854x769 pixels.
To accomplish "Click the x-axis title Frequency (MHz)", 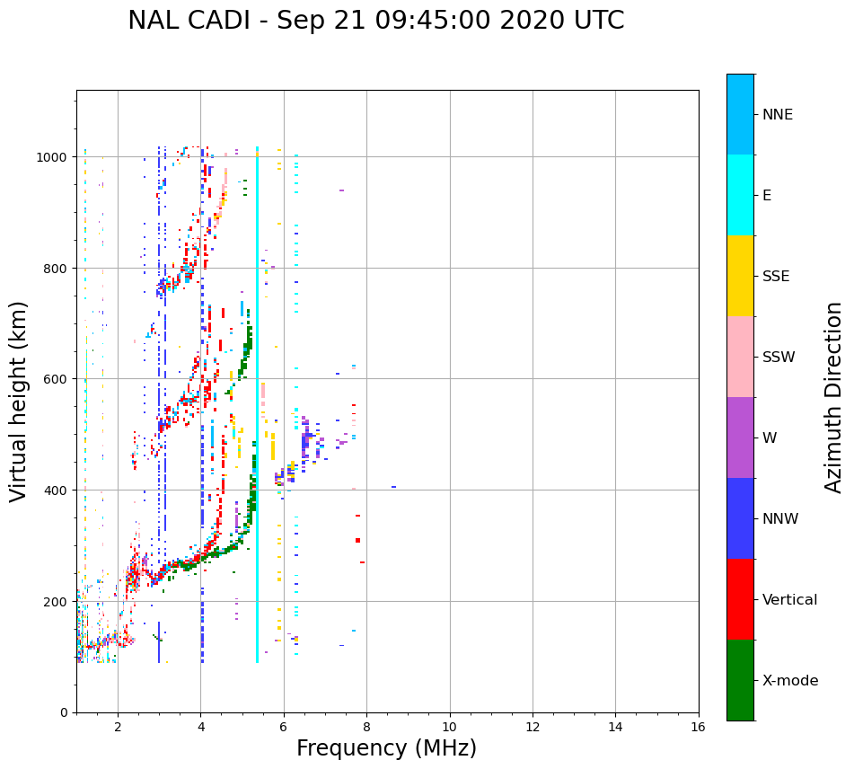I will point(386,748).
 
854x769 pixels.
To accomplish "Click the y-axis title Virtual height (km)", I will point(19,401).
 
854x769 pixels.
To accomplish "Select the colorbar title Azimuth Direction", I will point(834,397).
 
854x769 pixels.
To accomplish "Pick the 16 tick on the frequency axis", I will point(698,727).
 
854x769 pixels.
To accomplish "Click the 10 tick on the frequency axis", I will point(449,727).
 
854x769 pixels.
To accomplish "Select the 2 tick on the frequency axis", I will point(118,727).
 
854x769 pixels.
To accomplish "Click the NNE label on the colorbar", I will point(778,114).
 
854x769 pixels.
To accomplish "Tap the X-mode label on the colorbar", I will point(790,680).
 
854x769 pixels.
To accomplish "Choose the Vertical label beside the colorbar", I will point(790,599).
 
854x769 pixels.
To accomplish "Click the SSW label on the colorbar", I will point(779,357).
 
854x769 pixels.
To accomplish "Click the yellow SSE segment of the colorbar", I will point(740,276).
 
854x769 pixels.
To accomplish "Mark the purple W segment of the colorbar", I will point(740,438).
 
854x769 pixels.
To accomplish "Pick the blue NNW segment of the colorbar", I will point(740,518).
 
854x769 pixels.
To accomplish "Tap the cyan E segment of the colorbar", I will point(740,195).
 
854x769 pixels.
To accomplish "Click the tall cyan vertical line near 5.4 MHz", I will point(257,404).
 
